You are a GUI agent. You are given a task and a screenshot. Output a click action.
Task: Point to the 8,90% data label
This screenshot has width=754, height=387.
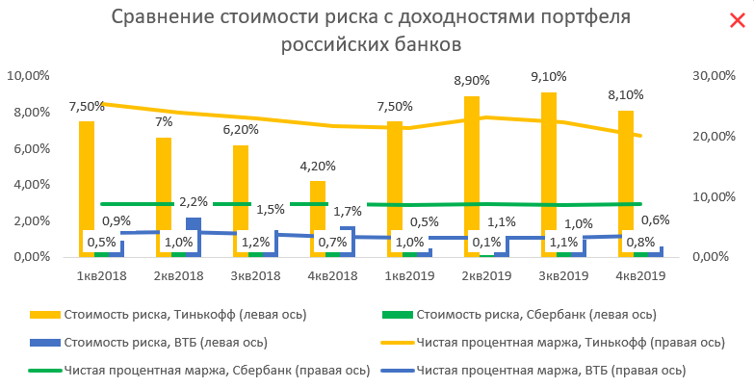pyautogui.click(x=472, y=81)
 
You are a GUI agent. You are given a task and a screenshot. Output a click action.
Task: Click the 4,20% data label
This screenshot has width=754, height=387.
pyautogui.click(x=318, y=165)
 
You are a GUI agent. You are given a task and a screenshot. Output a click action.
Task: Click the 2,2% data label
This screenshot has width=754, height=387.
pyautogui.click(x=193, y=202)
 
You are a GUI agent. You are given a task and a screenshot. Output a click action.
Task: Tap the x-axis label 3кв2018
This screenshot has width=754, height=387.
pyautogui.click(x=256, y=276)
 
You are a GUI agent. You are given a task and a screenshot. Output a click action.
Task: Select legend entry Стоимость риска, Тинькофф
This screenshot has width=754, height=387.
pyautogui.click(x=158, y=314)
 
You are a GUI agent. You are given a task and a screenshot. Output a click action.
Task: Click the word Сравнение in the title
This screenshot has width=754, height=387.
pyautogui.click(x=169, y=18)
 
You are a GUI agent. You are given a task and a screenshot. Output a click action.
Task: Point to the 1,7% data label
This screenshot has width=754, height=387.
pyautogui.click(x=347, y=211)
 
